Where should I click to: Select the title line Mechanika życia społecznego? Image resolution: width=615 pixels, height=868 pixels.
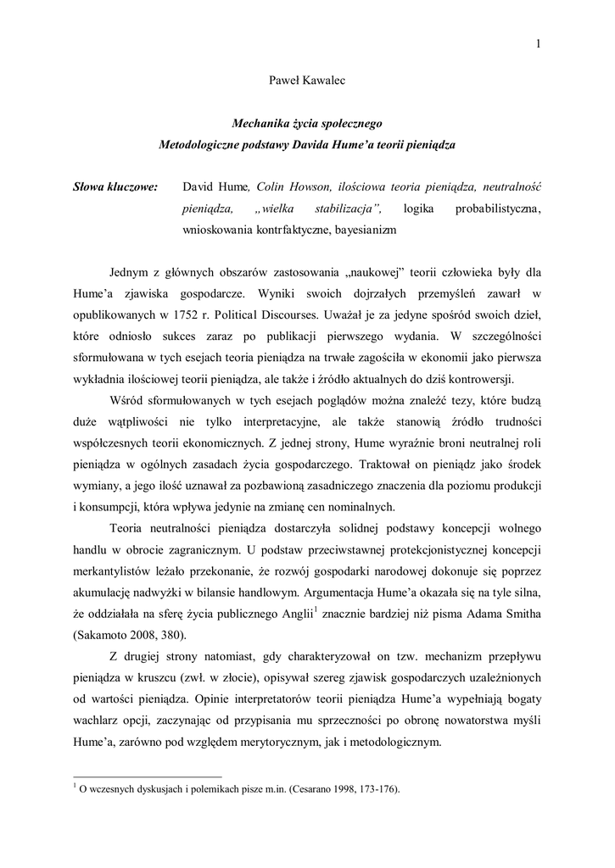pyautogui.click(x=307, y=124)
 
